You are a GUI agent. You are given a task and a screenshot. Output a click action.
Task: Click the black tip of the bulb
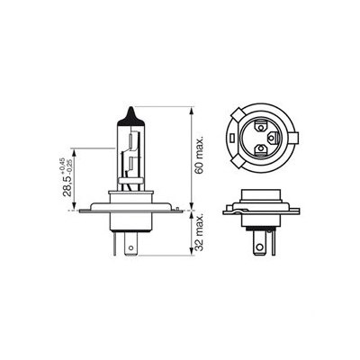(x=130, y=118)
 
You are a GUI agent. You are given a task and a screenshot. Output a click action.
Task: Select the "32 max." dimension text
(x=199, y=232)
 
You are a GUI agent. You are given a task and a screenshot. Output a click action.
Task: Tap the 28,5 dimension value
(x=67, y=185)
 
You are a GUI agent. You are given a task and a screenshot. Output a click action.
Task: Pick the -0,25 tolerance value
(x=70, y=166)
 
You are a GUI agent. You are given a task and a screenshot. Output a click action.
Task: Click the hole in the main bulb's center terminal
(x=130, y=248)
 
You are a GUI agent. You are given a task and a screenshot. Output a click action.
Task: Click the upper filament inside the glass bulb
(x=130, y=140)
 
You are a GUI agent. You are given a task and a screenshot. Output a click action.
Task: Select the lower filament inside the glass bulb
(x=131, y=164)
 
